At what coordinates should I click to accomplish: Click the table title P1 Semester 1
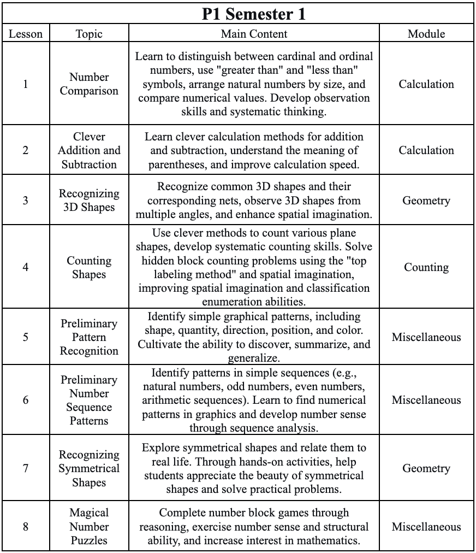(x=254, y=14)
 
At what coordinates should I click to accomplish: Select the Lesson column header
(x=25, y=34)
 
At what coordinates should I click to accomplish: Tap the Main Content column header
(x=254, y=34)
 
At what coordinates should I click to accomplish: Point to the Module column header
(x=426, y=34)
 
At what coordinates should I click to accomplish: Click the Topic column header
(x=89, y=34)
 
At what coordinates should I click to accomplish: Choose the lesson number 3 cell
(x=25, y=201)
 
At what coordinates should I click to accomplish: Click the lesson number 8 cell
(x=25, y=527)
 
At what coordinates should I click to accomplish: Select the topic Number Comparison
(x=89, y=84)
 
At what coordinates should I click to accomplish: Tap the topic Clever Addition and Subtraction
(x=89, y=150)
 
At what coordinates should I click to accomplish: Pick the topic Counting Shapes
(x=89, y=267)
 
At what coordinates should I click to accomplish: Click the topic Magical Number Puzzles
(x=89, y=527)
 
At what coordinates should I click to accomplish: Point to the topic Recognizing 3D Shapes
(x=89, y=201)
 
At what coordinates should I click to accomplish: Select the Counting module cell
(x=426, y=267)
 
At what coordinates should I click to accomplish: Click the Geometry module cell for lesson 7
(x=426, y=468)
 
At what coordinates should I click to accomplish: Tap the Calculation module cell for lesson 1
(x=426, y=84)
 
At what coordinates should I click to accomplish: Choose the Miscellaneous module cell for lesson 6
(x=426, y=400)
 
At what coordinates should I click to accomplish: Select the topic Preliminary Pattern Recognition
(x=89, y=337)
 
